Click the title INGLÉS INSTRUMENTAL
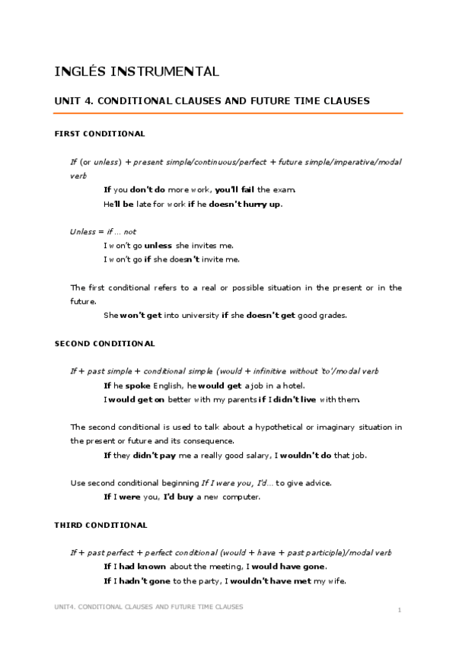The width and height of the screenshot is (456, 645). coord(137,72)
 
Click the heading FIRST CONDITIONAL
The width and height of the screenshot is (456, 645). coord(100,134)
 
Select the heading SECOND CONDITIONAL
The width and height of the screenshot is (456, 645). coord(105,344)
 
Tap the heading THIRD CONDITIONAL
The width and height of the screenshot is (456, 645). coord(101,525)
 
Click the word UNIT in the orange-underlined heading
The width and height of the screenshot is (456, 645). coord(68,100)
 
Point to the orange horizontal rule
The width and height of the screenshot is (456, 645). coord(228,113)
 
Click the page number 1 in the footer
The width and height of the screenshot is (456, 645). coord(399,610)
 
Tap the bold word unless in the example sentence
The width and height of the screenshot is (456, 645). coord(158,245)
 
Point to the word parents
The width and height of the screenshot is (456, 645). coord(235,399)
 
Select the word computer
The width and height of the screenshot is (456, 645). coord(240,497)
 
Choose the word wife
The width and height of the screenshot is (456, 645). coord(336,581)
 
